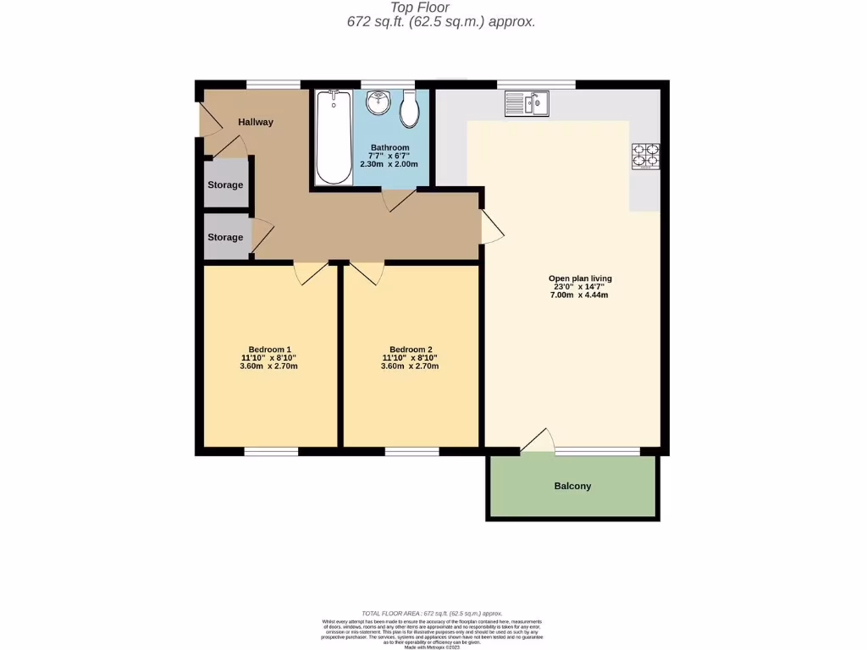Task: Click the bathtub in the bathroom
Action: [x=333, y=137]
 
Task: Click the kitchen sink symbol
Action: [x=527, y=104]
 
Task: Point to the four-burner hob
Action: [x=645, y=157]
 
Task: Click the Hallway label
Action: [x=256, y=122]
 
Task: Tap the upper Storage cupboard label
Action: [x=225, y=185]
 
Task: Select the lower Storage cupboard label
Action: [x=225, y=237]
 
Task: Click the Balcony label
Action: [x=572, y=486]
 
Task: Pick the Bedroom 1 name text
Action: [x=269, y=350]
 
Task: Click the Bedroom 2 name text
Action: [x=411, y=350]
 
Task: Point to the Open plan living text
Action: [x=580, y=278]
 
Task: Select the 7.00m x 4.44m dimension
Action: [x=580, y=295]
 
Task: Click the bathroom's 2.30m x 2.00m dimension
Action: [x=389, y=164]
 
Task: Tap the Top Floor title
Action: [x=439, y=8]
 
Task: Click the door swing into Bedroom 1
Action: [x=311, y=273]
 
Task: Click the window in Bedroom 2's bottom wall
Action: [x=411, y=451]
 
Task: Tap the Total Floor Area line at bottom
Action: [x=432, y=614]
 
